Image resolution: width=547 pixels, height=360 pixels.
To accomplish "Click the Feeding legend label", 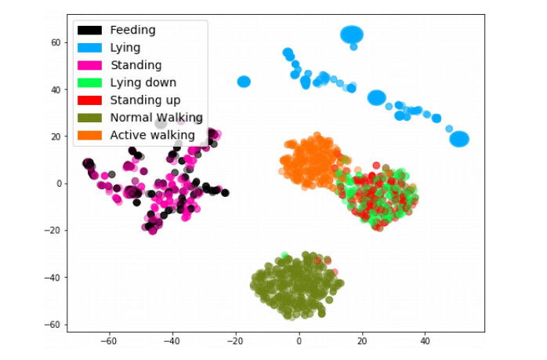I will pos(132,31).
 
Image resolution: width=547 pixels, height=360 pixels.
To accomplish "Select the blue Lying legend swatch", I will pos(90,48).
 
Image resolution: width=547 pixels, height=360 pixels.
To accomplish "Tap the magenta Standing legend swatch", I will pos(90,65).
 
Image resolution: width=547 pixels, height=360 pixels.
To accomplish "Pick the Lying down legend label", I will pos(143,82).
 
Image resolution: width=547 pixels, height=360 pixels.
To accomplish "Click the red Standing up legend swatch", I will pos(90,100).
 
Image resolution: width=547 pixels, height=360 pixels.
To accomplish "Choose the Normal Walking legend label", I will pos(156,118).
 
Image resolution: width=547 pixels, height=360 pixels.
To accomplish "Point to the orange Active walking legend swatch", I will pos(90,135).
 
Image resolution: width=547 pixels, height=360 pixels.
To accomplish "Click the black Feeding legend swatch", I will pos(90,31).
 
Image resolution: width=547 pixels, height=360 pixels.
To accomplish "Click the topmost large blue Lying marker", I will pos(352,35).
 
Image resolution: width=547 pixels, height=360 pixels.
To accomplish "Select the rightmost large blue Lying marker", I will pos(459,139).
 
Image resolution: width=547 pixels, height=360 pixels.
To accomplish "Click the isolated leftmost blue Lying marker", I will pos(244,82).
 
